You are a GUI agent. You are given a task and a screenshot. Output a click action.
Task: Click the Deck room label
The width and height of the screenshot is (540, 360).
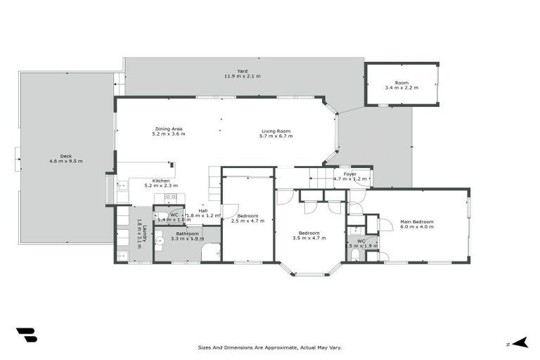click(x=66, y=156)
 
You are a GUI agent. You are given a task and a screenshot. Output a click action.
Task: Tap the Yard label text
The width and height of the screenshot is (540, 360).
click(x=242, y=70)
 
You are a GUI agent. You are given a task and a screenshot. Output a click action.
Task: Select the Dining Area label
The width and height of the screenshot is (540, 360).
click(x=169, y=129)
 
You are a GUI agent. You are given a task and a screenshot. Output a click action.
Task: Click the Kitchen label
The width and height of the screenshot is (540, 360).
click(x=161, y=180)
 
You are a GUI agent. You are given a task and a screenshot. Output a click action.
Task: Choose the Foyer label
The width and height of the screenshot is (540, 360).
click(x=350, y=174)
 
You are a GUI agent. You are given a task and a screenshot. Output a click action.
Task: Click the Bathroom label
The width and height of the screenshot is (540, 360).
click(x=187, y=233)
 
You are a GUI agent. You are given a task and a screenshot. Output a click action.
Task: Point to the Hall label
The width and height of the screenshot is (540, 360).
click(x=202, y=210)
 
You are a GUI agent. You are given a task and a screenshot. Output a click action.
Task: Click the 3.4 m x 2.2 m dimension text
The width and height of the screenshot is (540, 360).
click(x=401, y=88)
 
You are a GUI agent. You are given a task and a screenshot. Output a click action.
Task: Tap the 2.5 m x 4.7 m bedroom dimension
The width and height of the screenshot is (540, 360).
click(x=247, y=221)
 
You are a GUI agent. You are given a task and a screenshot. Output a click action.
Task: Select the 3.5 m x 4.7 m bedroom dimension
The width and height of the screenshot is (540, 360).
click(x=309, y=238)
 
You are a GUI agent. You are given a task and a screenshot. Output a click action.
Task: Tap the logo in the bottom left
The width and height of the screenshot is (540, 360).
click(x=26, y=335)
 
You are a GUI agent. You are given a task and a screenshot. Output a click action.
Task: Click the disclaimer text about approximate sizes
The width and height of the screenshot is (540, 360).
click(x=270, y=347)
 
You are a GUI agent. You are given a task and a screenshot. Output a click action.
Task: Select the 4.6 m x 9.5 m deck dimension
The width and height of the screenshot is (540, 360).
click(x=66, y=162)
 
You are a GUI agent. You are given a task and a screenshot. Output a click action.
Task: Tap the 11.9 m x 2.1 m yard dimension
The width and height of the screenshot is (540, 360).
click(x=242, y=76)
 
